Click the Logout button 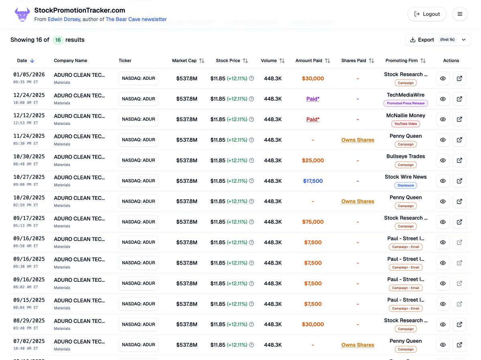point(427,14)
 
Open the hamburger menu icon point(460,14)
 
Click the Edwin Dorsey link point(64,19)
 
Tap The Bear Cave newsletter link point(136,19)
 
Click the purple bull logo point(22,14)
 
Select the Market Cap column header point(184,61)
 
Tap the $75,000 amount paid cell point(313,222)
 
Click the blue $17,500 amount point(313,181)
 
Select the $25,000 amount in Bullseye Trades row point(313,161)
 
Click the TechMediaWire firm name point(406,95)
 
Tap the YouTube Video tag point(406,124)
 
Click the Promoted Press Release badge point(406,103)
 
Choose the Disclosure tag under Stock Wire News point(406,186)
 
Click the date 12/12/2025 point(29,115)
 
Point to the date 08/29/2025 point(29,321)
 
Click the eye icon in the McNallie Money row point(443,119)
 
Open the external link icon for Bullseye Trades point(459,160)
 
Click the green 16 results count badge point(58,40)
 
